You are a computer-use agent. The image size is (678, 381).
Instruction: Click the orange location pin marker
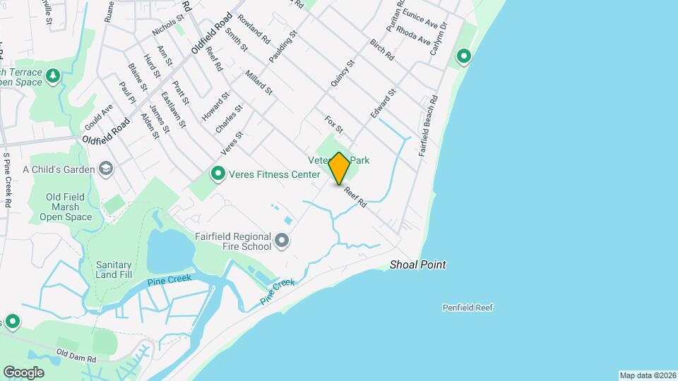[x=340, y=168]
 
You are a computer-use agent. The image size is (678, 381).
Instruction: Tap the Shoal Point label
[x=418, y=265]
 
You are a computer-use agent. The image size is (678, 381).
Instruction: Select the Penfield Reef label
[x=468, y=308]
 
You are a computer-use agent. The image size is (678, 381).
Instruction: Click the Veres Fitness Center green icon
[x=219, y=173]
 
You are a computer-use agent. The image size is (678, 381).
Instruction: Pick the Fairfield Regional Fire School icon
[x=282, y=241]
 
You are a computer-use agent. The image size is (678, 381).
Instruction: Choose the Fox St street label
[x=334, y=125]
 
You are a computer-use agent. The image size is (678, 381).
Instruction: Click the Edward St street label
[x=383, y=103]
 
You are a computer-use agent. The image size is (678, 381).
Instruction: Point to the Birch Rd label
[x=381, y=49]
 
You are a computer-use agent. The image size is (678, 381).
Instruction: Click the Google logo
[x=24, y=372]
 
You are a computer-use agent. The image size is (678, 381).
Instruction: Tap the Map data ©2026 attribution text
[x=648, y=375]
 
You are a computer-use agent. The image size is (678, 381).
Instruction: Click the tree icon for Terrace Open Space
[x=53, y=74]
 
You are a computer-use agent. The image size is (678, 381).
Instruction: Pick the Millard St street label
[x=258, y=83]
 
